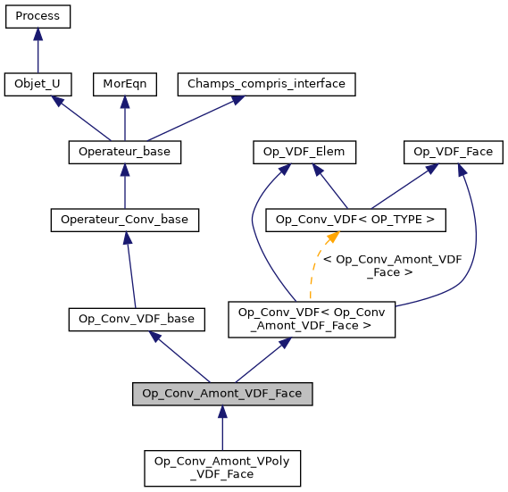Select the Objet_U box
click(37, 84)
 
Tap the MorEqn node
click(124, 84)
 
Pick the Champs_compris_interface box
click(267, 84)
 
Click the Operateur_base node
click(124, 152)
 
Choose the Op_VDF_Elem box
click(304, 152)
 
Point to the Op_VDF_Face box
click(454, 152)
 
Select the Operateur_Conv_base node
click(124, 219)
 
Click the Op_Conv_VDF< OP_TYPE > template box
click(356, 219)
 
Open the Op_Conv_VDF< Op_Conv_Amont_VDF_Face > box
click(312, 319)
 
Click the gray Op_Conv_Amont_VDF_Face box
click(222, 394)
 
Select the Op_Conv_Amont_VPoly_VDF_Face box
click(222, 467)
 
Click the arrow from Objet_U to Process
click(37, 51)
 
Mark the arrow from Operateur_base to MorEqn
click(124, 118)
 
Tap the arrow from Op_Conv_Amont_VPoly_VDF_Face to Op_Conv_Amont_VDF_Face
click(222, 429)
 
